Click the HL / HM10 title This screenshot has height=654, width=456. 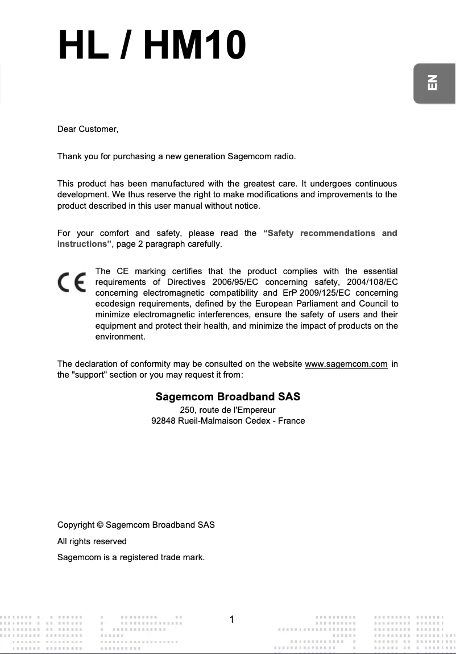pos(152,45)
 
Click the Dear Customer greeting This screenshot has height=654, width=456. pos(88,130)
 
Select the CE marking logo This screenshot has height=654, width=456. pos(71,283)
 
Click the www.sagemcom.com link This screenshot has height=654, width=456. pos(346,364)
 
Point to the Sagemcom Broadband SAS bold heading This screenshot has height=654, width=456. pos(227,396)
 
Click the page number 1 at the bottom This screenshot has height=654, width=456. pos(232,619)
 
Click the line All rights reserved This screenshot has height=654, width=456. pos(92,541)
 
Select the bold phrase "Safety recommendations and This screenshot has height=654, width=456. pos(330,233)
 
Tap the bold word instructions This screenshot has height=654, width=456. pos(84,244)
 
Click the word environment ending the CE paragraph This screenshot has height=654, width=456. pos(120,337)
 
